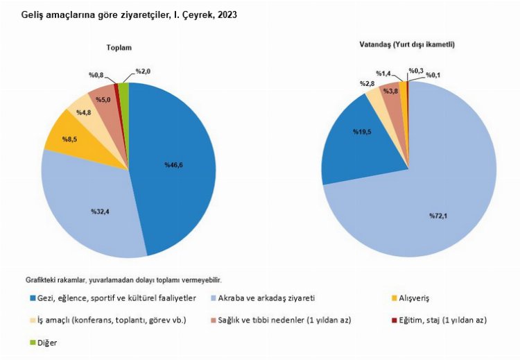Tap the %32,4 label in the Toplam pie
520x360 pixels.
(x=100, y=211)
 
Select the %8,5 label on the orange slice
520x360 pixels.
(x=71, y=139)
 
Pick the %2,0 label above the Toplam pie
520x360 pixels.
(x=144, y=71)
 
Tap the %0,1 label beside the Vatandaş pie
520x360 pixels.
(x=433, y=75)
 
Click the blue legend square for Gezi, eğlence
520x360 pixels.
(x=34, y=298)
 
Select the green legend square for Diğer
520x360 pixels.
(x=34, y=343)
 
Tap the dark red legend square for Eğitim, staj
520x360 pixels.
(x=393, y=320)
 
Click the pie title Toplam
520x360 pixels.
(x=119, y=48)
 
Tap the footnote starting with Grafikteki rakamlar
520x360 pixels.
(x=124, y=280)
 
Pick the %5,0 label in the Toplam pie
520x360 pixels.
(x=101, y=99)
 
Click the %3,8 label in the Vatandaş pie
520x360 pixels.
(x=391, y=91)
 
